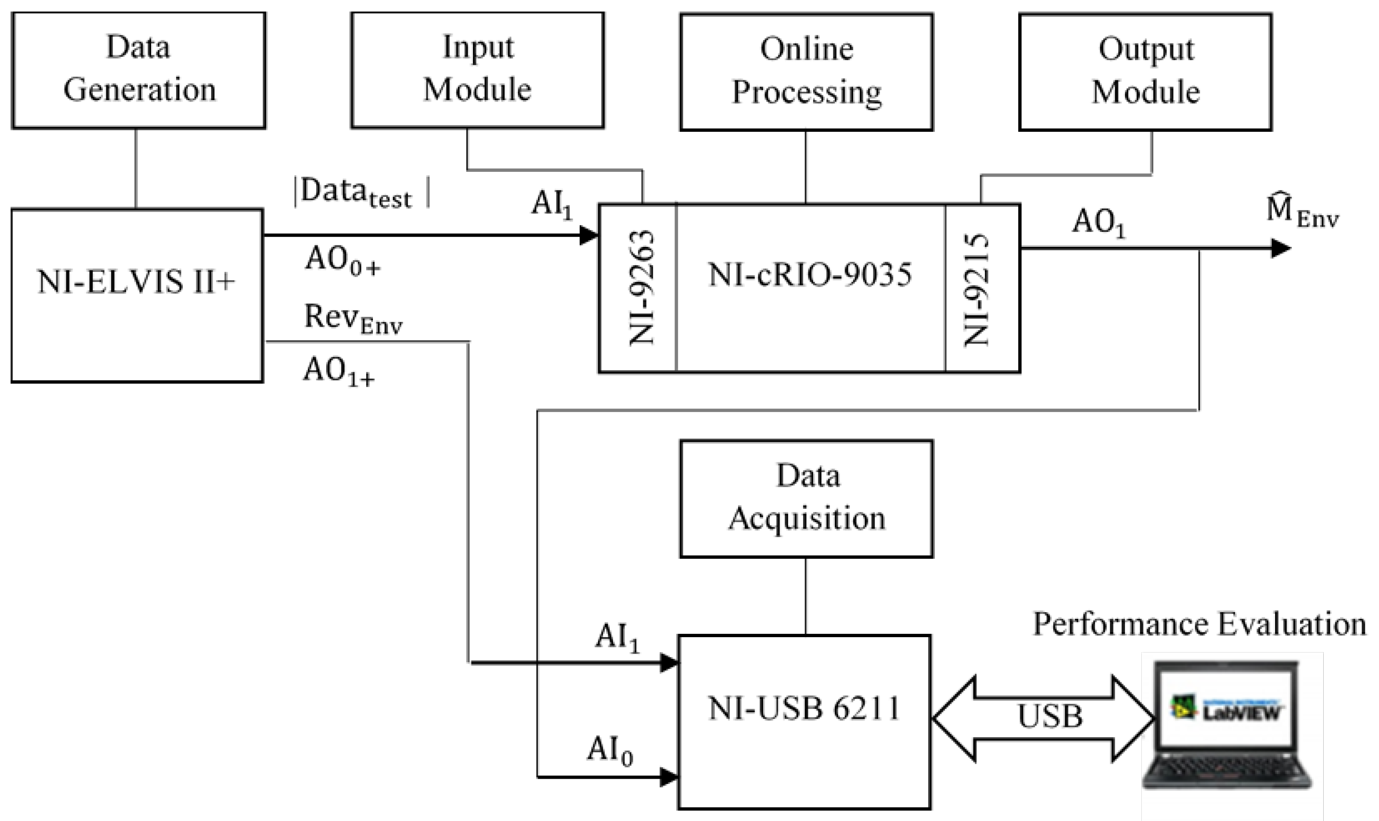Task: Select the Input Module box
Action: click(477, 70)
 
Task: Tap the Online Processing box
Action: click(806, 72)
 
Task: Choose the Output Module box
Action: click(1145, 72)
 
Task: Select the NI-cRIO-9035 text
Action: click(810, 274)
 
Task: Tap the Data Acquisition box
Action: click(806, 498)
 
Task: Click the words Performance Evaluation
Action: click(1199, 625)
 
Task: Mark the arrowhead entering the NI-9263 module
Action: click(588, 235)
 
